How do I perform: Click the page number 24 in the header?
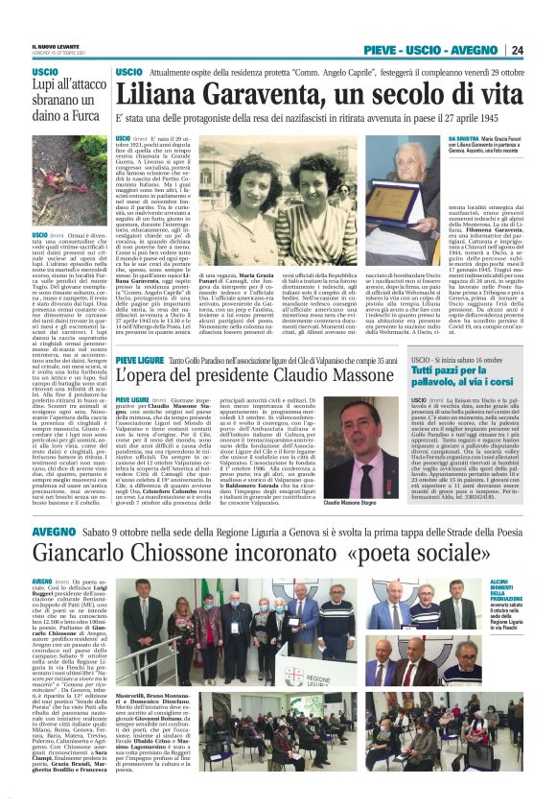coord(516,49)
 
